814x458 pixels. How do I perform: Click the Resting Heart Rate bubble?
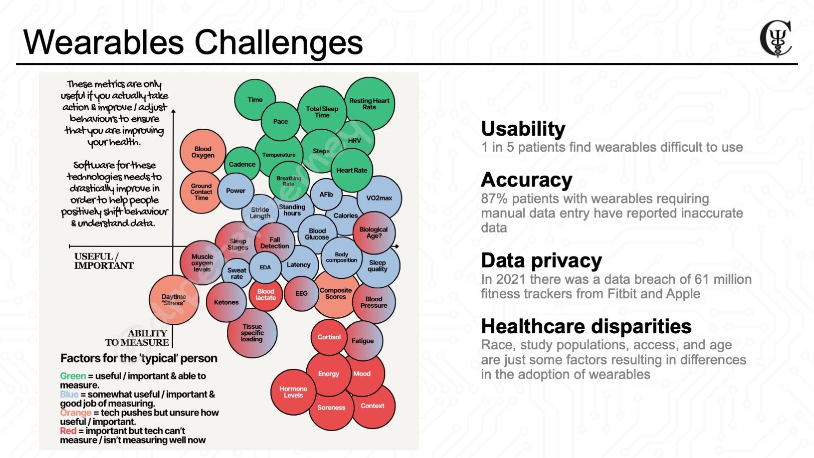point(370,104)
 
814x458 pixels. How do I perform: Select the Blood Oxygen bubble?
point(203,152)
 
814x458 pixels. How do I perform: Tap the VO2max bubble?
point(379,198)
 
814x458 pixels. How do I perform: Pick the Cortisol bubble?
point(329,337)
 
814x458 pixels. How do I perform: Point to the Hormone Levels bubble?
point(293,392)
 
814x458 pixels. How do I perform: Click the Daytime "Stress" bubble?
point(174,300)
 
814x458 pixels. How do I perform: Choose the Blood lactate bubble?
point(266,294)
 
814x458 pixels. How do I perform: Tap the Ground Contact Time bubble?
point(201,192)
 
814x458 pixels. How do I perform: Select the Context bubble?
point(373,406)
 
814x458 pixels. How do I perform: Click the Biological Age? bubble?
point(374,232)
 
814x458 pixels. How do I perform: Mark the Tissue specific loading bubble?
point(252,333)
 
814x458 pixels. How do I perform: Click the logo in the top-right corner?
point(776,38)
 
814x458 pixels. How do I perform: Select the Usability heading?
point(523,129)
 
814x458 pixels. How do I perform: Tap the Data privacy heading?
point(541,260)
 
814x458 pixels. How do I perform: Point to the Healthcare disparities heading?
point(586,326)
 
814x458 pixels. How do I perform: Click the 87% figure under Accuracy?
point(494,199)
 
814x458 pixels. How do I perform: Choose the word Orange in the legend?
point(75,413)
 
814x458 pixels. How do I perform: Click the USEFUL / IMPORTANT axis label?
point(104,260)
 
